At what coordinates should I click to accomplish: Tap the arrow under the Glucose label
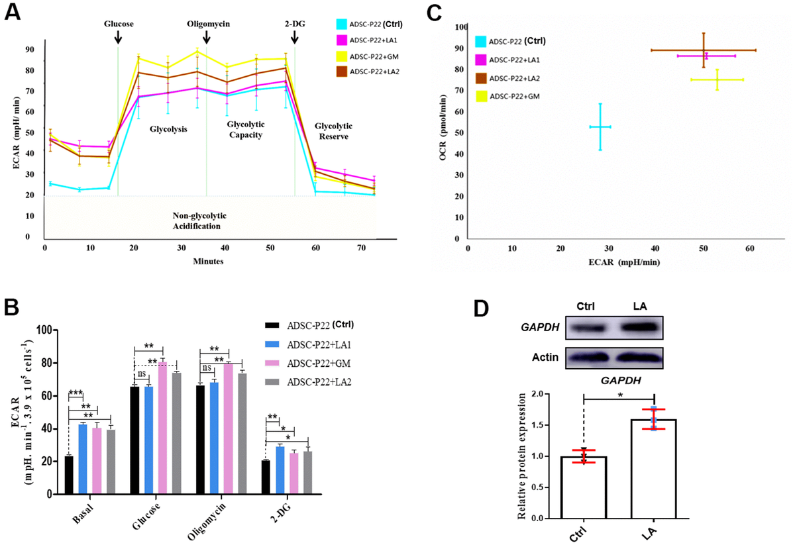click(118, 37)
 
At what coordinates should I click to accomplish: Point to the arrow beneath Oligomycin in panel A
click(207, 37)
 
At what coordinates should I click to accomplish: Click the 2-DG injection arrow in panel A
click(294, 37)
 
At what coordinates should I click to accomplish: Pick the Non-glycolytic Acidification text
click(196, 220)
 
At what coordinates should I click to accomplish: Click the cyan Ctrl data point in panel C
click(600, 126)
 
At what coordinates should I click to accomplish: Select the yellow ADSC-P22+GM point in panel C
click(717, 79)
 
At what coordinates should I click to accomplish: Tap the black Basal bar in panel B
click(69, 475)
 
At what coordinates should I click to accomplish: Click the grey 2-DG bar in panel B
click(307, 473)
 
